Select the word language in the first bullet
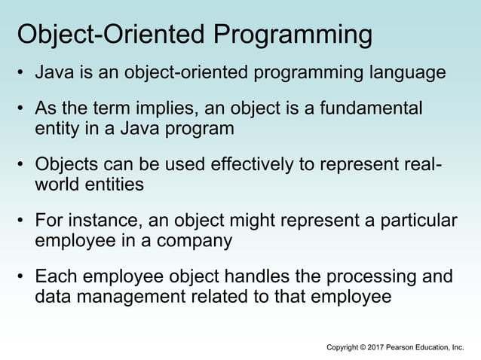point(406,73)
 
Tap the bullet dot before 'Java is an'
point(23,74)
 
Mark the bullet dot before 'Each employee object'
point(23,277)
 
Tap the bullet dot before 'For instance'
point(23,221)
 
